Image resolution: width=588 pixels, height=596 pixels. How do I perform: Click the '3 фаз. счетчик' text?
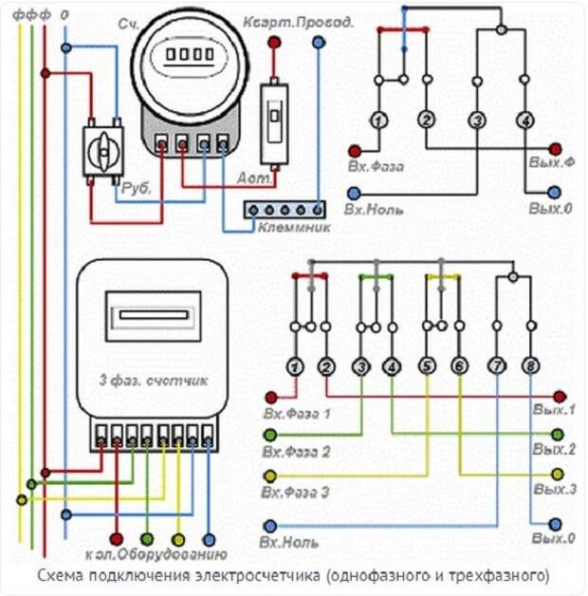(154, 381)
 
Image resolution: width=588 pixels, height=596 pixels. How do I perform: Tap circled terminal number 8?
(530, 366)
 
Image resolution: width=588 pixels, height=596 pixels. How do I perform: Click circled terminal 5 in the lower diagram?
(428, 366)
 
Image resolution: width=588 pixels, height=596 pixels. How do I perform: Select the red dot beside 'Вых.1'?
(560, 396)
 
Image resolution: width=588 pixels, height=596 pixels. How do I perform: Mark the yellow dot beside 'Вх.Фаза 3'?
(271, 475)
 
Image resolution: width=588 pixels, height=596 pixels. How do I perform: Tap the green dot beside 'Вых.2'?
(560, 434)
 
